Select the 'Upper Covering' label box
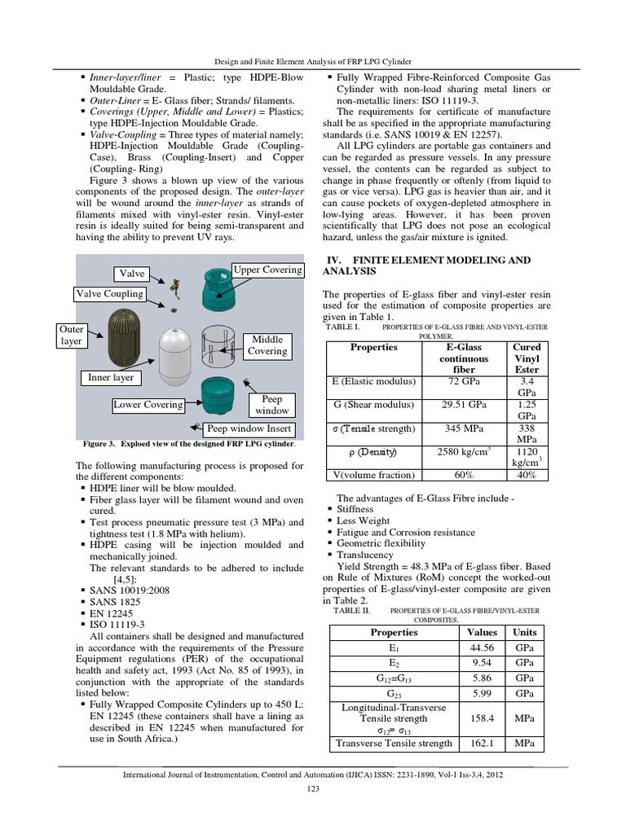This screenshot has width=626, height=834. click(268, 270)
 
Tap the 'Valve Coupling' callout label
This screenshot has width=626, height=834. click(109, 294)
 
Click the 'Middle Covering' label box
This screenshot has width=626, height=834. click(267, 345)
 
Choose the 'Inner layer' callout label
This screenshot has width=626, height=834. click(111, 378)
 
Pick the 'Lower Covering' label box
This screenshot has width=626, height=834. click(148, 405)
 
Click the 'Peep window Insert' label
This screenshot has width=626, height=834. click(249, 428)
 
